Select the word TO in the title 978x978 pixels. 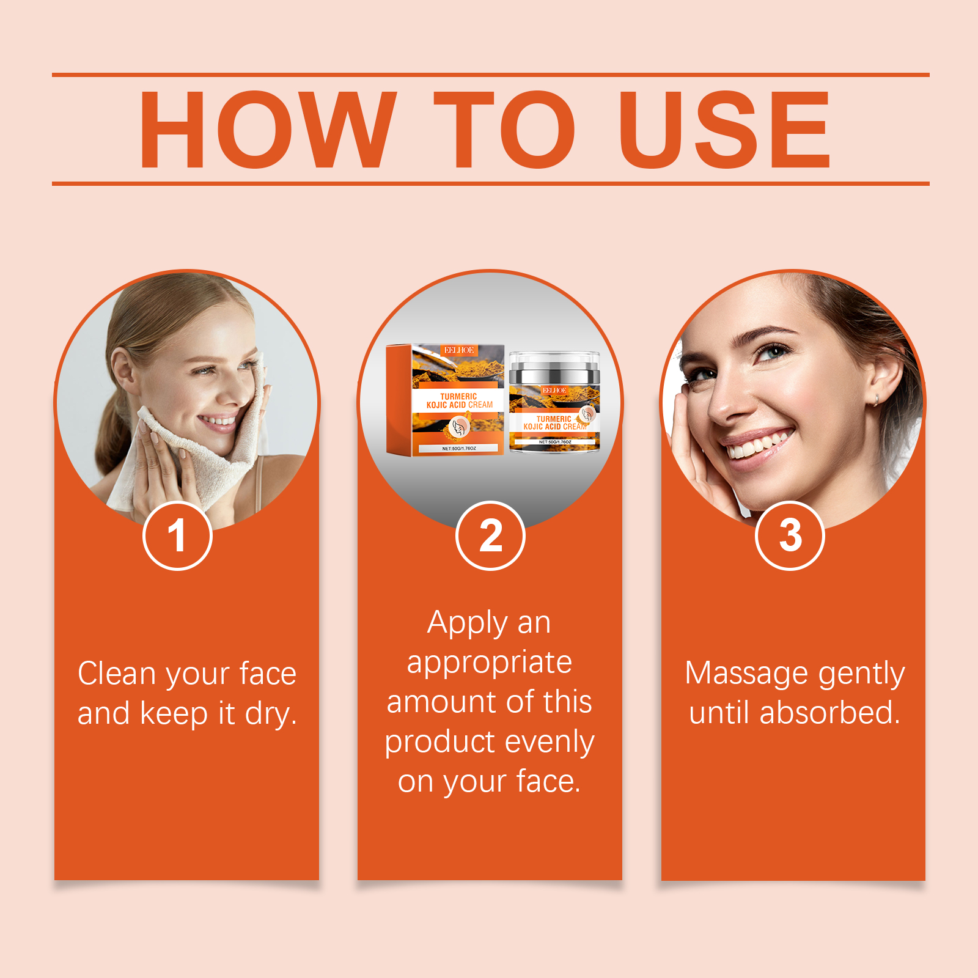pos(504,130)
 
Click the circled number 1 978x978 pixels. pos(177,535)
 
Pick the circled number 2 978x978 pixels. pos(490,535)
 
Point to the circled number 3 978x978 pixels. pos(790,535)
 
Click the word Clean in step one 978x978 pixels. pos(117,674)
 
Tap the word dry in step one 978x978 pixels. pos(270,714)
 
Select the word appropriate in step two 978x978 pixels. pos(490,663)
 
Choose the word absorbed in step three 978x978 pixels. pos(829,713)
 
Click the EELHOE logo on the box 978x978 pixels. pos(459,350)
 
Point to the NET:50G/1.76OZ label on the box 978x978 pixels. pos(459,449)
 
